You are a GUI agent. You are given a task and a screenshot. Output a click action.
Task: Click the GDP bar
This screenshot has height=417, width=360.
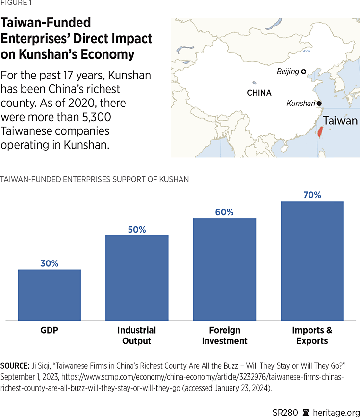(x=49, y=295)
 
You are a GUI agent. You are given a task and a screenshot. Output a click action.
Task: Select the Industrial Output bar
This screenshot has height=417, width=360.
(x=137, y=278)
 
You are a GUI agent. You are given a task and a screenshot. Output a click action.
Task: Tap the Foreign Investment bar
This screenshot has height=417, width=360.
(x=225, y=269)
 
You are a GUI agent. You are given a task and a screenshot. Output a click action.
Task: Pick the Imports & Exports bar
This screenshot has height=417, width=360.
(x=312, y=261)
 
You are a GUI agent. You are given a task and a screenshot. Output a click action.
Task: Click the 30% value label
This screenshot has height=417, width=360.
(x=49, y=263)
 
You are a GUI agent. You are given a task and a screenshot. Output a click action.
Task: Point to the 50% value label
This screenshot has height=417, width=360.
(x=137, y=230)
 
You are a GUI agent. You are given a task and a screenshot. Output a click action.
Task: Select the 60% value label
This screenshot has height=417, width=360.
(x=225, y=212)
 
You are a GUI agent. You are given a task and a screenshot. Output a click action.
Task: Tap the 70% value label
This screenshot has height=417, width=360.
(x=312, y=195)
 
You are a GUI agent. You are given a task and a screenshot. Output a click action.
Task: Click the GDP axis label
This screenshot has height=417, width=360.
(x=49, y=330)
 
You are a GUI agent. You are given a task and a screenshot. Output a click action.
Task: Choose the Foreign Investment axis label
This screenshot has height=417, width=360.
(x=225, y=336)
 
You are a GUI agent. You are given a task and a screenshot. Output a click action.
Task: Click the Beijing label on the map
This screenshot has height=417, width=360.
(x=287, y=72)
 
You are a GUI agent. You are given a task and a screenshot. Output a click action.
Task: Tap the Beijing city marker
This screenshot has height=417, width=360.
(x=304, y=72)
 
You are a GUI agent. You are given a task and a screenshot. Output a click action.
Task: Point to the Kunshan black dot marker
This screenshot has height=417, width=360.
(x=319, y=104)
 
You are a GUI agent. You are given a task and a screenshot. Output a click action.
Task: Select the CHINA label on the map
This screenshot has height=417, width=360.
(x=259, y=93)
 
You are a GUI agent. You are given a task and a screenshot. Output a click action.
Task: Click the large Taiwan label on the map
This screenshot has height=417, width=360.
(x=340, y=121)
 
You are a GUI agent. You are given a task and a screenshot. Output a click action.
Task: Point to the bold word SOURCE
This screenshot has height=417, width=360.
(x=15, y=366)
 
